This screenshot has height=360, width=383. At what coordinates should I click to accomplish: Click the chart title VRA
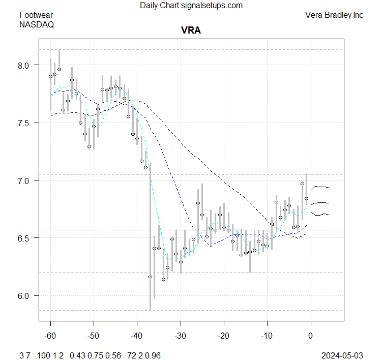[x=191, y=31]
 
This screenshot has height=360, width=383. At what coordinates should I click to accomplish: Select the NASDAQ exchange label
[x=37, y=24]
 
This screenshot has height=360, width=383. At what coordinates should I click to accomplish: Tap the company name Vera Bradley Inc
[x=334, y=15]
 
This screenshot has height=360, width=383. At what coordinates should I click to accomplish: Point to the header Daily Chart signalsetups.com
[x=191, y=6]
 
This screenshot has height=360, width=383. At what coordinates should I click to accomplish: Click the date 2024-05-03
[x=343, y=354]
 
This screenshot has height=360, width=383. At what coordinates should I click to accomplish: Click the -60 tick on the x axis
[x=50, y=336]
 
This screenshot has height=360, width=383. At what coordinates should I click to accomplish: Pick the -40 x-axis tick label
[x=137, y=336]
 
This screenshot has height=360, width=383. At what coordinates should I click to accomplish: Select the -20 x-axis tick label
[x=223, y=336]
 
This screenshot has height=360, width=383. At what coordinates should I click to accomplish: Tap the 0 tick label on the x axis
[x=311, y=336]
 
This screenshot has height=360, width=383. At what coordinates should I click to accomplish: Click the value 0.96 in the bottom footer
[x=153, y=354]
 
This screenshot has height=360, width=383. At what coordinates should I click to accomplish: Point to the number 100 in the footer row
[x=44, y=354]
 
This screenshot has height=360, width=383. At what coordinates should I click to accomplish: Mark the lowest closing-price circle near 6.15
[x=163, y=279]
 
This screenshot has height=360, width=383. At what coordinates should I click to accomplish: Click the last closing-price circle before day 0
[x=306, y=198]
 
